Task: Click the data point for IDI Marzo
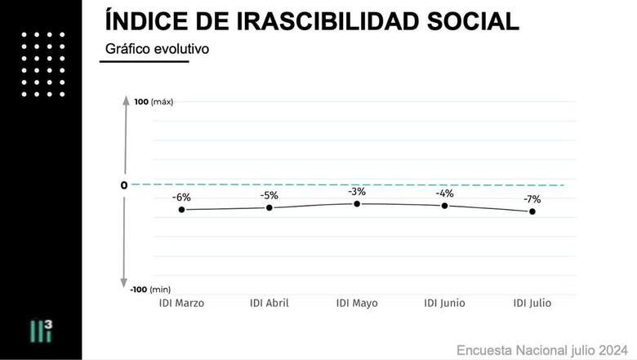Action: coord(181,210)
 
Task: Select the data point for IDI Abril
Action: coord(269,207)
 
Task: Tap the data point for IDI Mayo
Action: coord(357,203)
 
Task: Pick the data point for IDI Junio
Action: coord(444,206)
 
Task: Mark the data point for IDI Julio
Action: coord(532,211)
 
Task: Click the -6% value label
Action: coord(181,198)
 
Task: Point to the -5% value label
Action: coord(269,195)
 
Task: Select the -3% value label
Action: coord(357,192)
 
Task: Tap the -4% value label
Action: coord(444,193)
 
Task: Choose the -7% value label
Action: coord(532,199)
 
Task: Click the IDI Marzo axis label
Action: coord(181,303)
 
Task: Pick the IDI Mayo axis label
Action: coord(357,303)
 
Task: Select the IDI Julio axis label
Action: coord(532,303)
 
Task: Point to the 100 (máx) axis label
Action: coord(154,102)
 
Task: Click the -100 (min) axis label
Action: coord(151,289)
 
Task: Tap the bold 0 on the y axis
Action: coord(124,185)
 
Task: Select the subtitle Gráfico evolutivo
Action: coord(157,50)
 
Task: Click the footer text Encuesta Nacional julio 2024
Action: coord(541,350)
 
